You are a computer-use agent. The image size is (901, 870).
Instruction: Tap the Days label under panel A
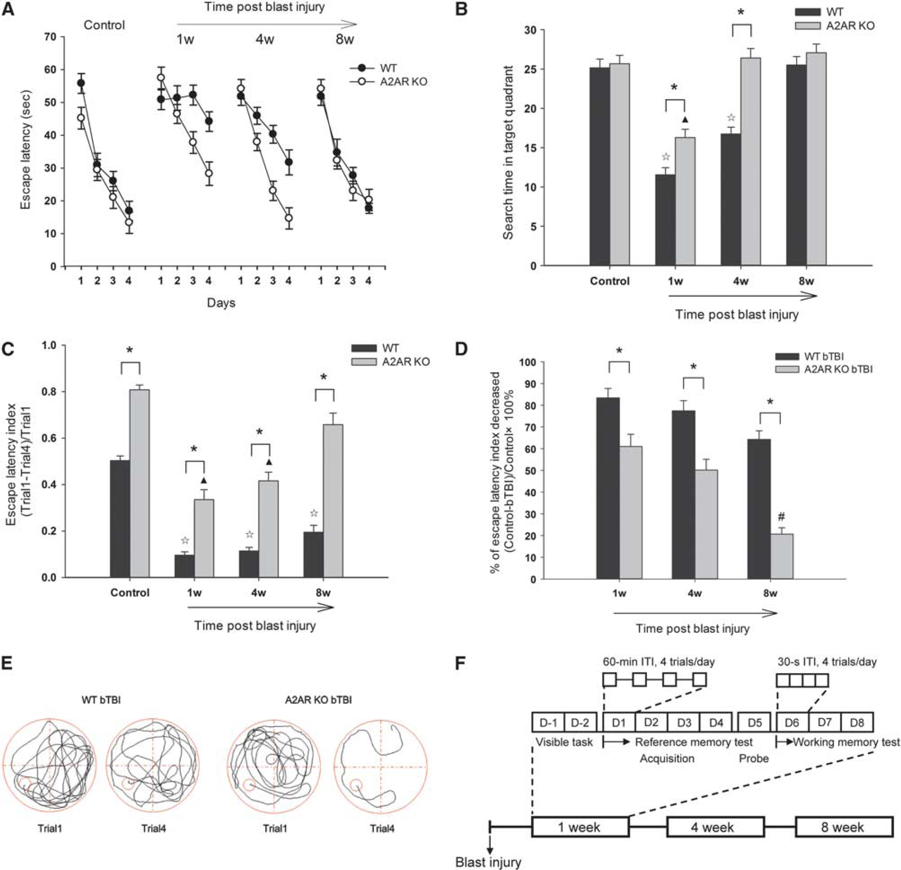click(x=221, y=303)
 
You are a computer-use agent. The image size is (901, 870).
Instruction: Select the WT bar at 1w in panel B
click(x=665, y=220)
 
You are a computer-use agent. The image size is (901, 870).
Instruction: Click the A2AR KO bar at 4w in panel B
click(x=750, y=162)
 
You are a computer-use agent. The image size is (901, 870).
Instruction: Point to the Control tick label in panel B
click(x=610, y=281)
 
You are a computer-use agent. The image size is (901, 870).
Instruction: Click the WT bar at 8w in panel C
click(x=314, y=555)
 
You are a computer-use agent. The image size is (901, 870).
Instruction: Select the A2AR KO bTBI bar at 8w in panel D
click(x=781, y=556)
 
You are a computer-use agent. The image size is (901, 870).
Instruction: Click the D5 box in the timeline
click(x=754, y=723)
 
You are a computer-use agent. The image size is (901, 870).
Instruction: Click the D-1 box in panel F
click(x=547, y=723)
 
